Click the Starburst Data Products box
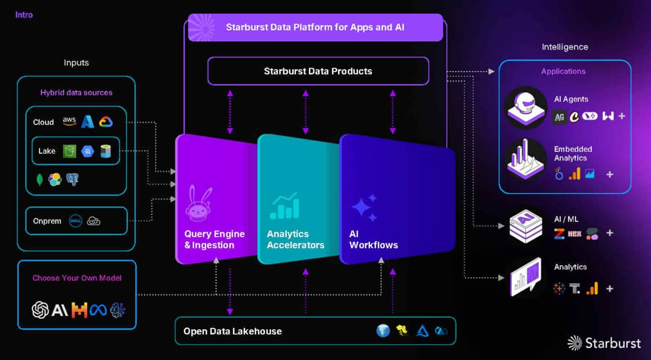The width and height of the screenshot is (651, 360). (318, 71)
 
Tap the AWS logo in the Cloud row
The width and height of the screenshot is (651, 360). (69, 121)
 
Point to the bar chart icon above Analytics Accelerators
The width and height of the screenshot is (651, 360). (284, 206)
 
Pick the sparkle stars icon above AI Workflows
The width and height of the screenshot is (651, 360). (364, 207)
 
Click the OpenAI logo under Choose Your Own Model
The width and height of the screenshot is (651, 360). (40, 310)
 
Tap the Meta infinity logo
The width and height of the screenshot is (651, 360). (98, 310)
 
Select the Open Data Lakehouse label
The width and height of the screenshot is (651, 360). (232, 331)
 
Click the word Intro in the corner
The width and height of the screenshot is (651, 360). (24, 15)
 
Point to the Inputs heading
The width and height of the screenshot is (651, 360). (76, 63)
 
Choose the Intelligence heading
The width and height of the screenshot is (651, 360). (565, 47)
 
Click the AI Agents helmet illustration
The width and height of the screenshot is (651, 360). (525, 107)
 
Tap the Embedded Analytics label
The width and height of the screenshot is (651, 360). (573, 153)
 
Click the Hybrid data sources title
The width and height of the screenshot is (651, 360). (76, 93)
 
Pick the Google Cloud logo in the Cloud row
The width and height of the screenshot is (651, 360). (106, 121)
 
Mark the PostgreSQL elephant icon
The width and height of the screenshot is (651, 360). (73, 179)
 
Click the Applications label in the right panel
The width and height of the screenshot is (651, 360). (564, 71)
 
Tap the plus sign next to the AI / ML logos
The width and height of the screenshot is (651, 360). (609, 233)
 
